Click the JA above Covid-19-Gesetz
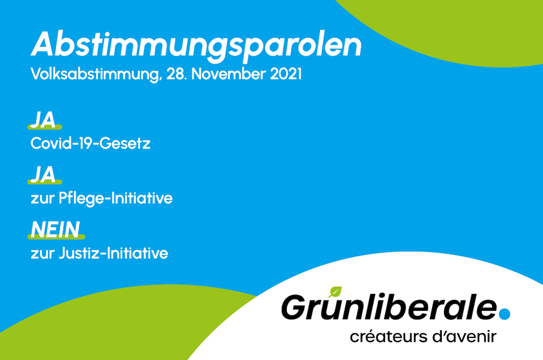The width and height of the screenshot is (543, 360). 43,120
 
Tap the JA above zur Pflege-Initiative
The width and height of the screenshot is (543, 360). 43,174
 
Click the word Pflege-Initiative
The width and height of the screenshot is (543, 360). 116,199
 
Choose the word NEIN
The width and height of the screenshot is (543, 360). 56,229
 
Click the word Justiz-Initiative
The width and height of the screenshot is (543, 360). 114,253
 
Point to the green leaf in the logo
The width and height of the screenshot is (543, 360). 335,292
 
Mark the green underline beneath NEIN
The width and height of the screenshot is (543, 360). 56,237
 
